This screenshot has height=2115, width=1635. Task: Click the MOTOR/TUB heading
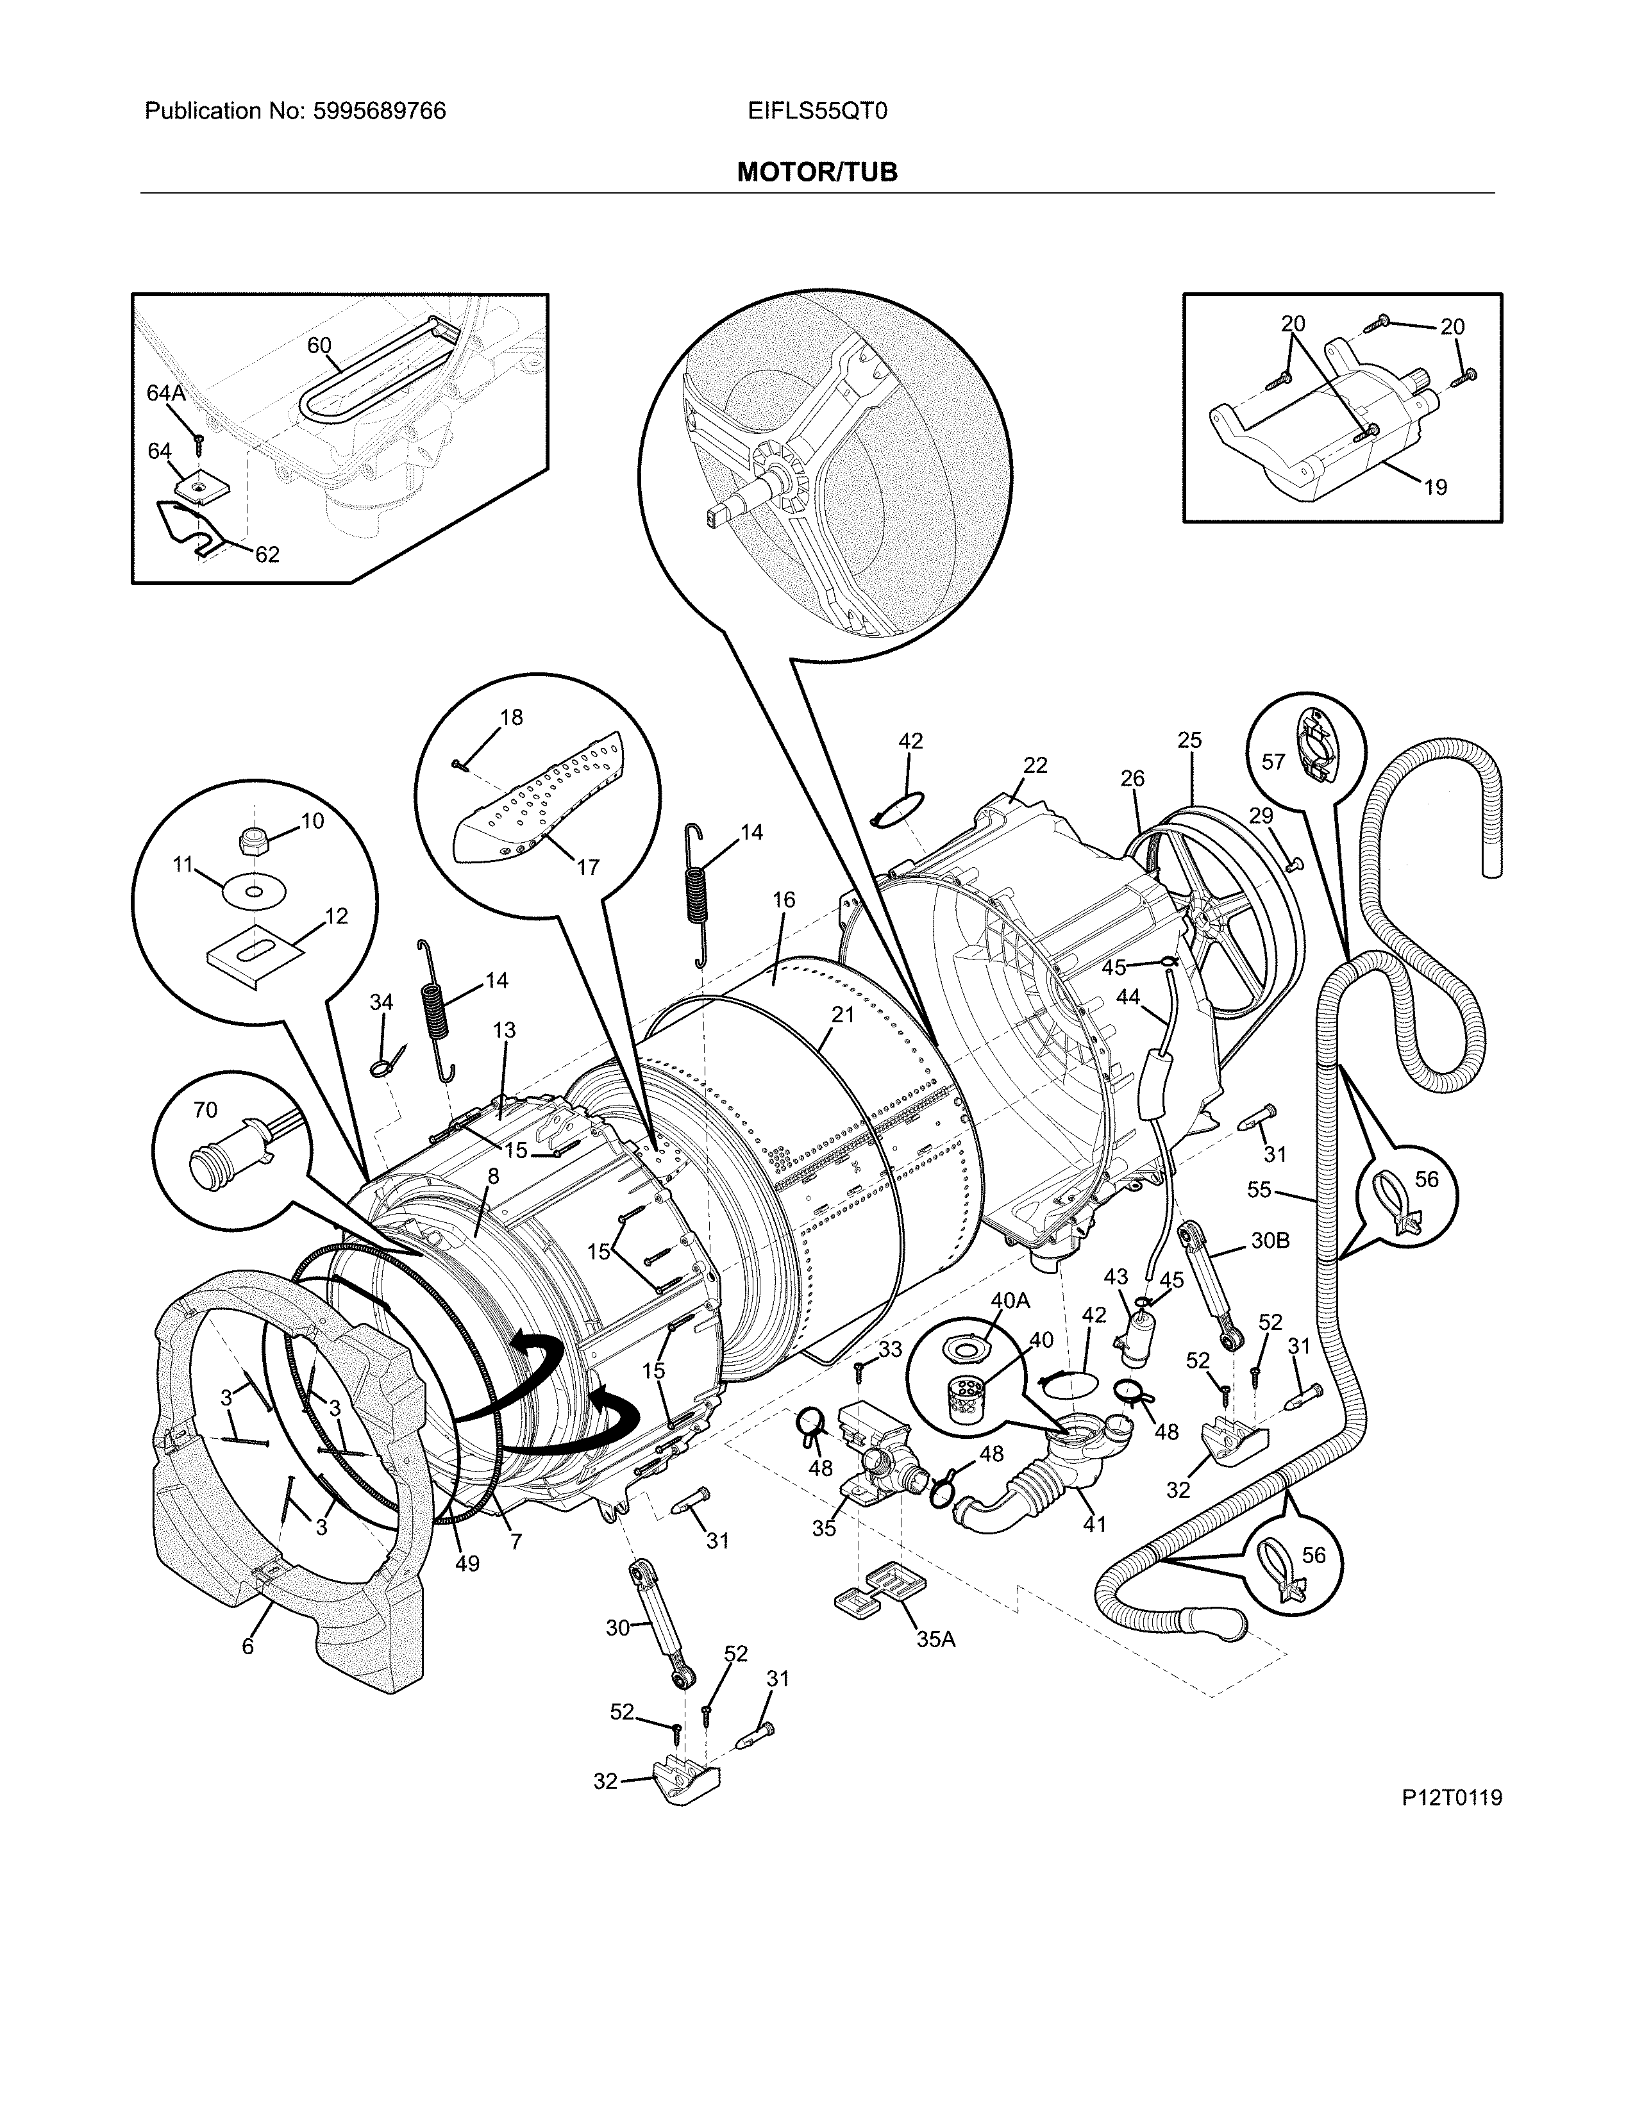click(816, 172)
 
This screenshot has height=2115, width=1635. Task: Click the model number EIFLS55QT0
click(816, 112)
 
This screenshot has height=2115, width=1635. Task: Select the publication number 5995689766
click(379, 112)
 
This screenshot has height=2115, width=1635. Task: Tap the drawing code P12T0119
click(1450, 1798)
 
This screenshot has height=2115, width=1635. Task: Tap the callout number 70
click(205, 1110)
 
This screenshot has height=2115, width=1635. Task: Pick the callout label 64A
click(165, 392)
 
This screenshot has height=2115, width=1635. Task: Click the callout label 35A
click(935, 1639)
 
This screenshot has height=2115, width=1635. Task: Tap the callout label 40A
click(1010, 1300)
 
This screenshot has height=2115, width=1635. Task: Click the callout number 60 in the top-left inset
click(319, 345)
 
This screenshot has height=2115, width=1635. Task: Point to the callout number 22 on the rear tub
click(1035, 765)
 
